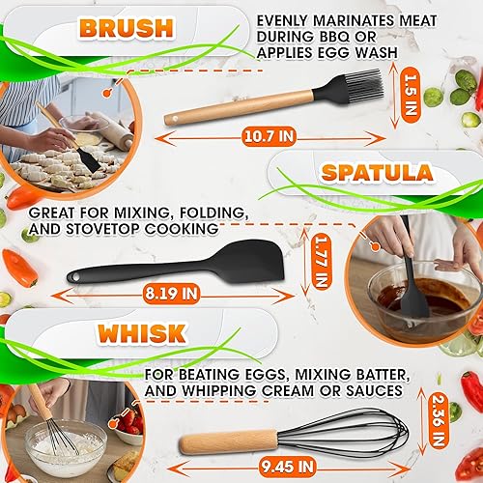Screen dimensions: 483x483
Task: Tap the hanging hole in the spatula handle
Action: tap(74, 279)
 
